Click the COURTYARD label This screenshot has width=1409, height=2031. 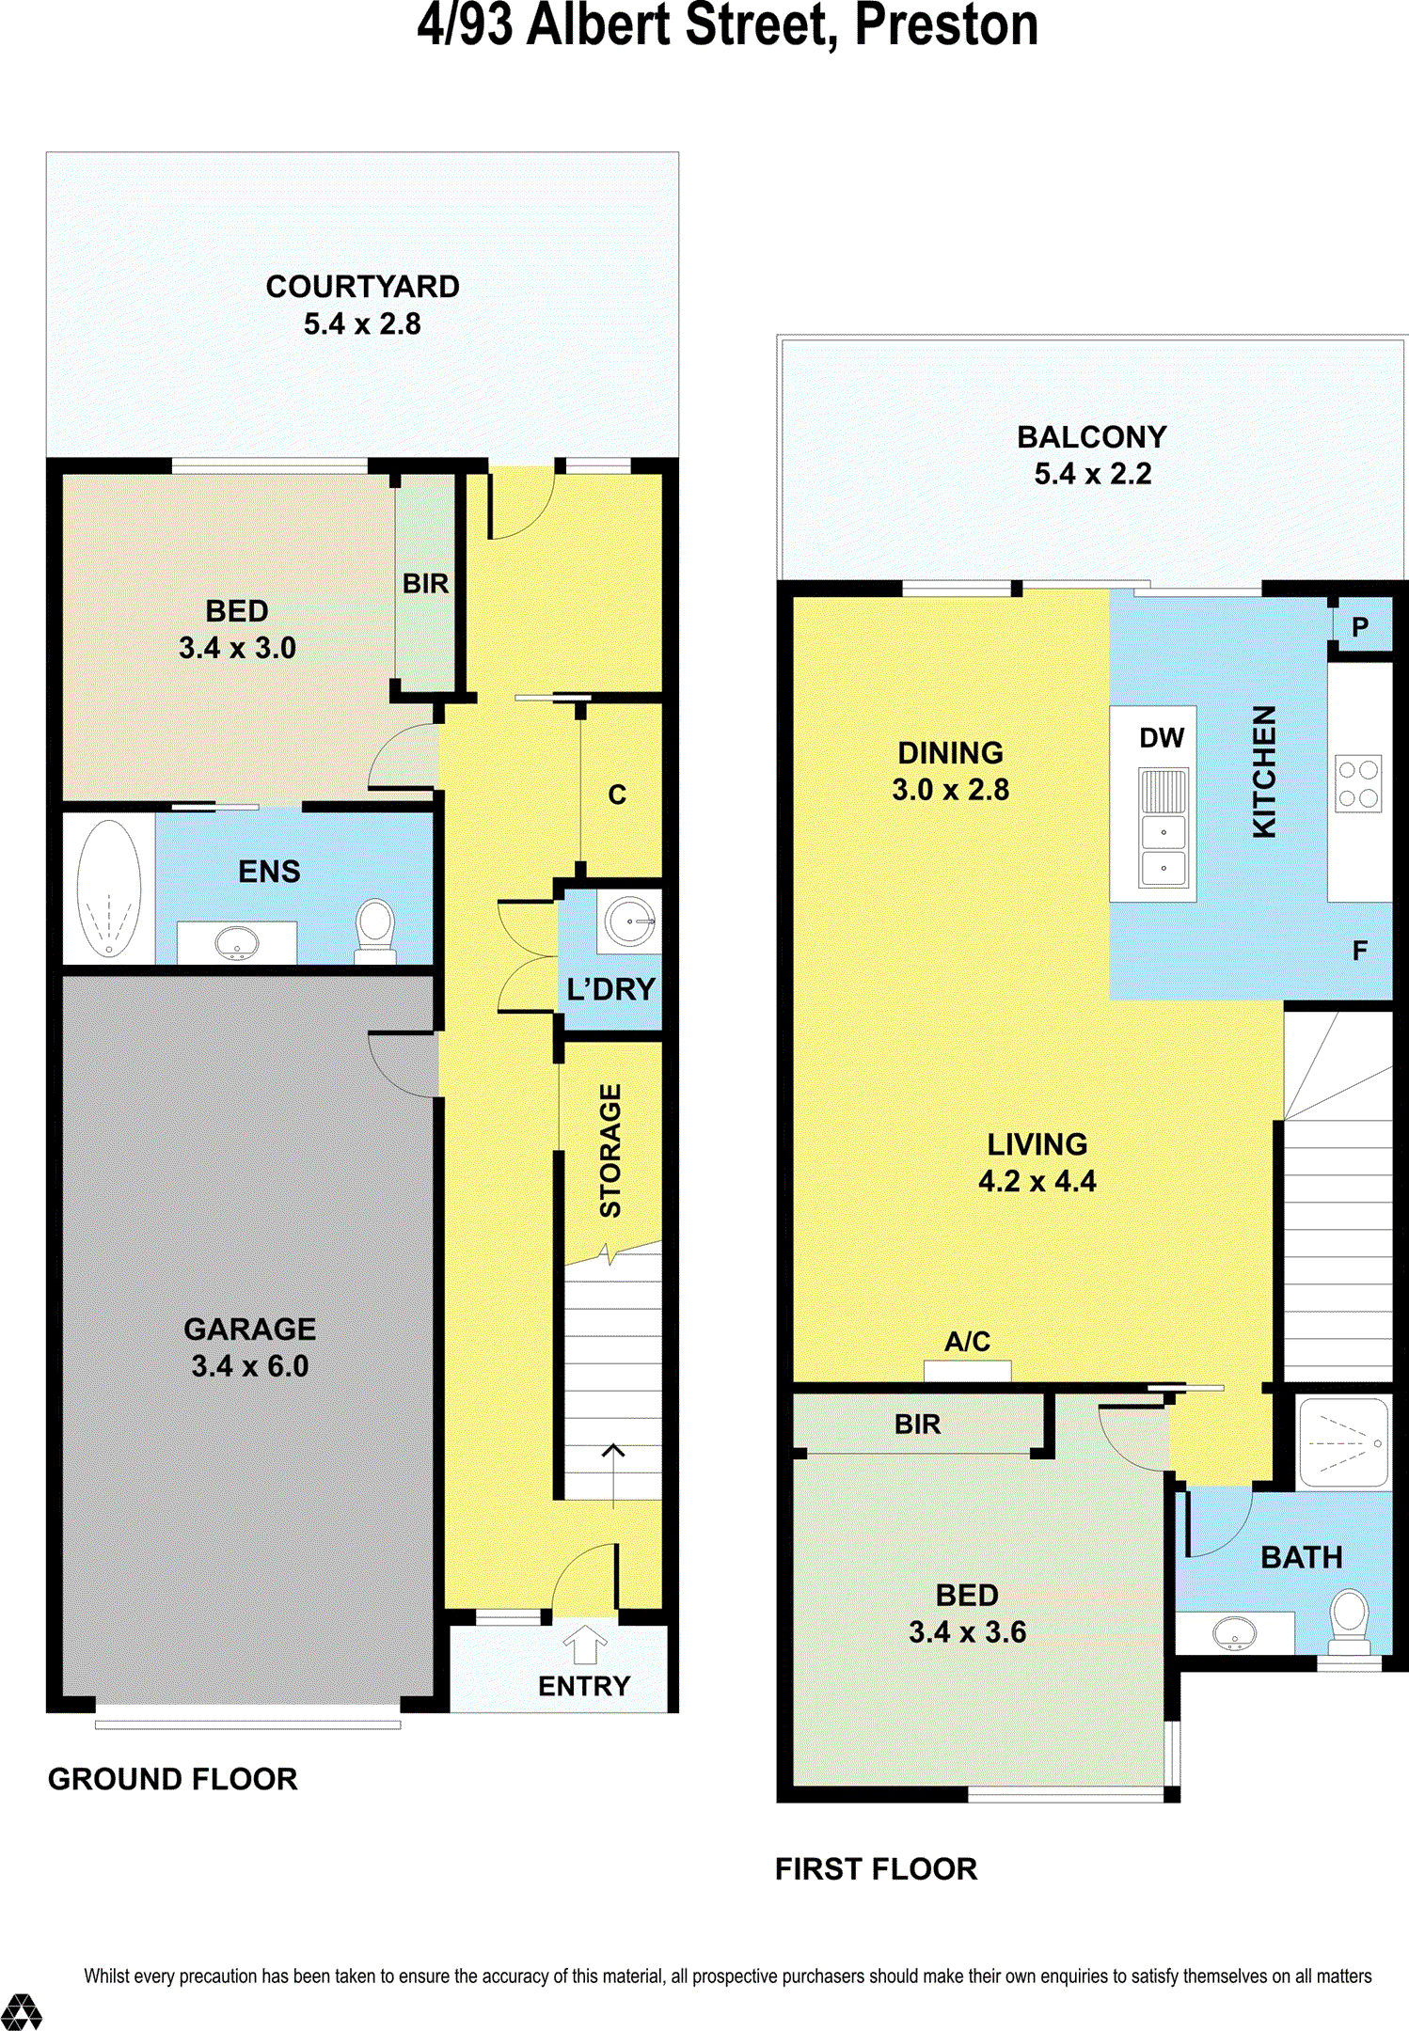point(362,286)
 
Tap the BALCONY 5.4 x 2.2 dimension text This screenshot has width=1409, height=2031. point(1093,474)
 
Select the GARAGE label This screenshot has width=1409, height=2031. point(250,1329)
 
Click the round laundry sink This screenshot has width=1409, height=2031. point(630,921)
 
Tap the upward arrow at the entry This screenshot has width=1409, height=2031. point(585,1645)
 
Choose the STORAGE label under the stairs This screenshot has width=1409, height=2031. point(610,1151)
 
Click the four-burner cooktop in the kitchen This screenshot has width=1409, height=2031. point(1359,784)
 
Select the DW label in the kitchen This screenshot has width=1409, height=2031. point(1162,738)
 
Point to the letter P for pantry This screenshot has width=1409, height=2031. point(1360,627)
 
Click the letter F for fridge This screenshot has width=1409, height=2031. point(1360,951)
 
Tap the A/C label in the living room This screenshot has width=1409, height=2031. point(968,1341)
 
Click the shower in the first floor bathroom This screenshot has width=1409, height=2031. point(1343,1442)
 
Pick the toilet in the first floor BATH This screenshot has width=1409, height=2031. point(1350,1621)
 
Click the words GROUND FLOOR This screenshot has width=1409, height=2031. point(172,1779)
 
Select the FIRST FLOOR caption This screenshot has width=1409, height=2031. point(876,1869)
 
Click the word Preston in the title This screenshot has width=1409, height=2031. point(946,25)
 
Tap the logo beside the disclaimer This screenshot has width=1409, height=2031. point(21,2012)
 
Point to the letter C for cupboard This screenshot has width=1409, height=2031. point(617,795)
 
